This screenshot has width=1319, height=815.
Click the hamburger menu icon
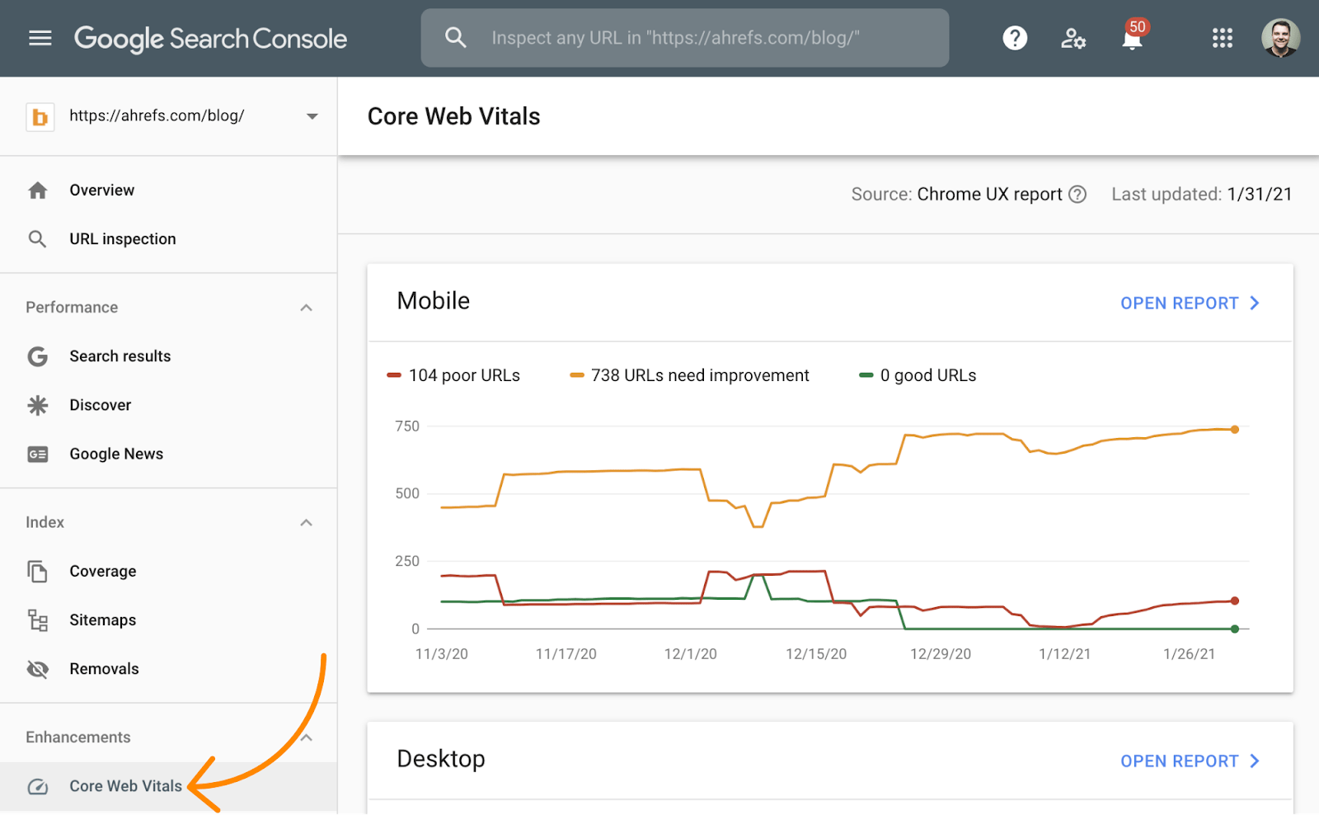(40, 38)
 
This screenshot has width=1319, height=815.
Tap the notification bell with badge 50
(1133, 38)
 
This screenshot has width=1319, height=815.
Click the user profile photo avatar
(1280, 38)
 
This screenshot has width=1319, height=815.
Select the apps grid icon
(1222, 38)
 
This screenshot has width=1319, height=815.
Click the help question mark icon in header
(1015, 38)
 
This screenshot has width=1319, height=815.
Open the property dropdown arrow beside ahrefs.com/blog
(312, 116)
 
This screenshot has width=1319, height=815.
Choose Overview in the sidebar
(101, 191)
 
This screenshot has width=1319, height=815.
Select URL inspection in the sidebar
(122, 239)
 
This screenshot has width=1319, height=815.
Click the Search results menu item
(120, 356)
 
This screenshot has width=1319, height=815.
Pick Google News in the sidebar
(116, 455)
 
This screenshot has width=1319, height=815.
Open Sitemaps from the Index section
(102, 620)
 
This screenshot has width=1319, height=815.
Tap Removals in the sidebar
(104, 669)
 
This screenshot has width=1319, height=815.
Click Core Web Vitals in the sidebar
(125, 786)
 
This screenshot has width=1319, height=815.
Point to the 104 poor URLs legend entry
(454, 375)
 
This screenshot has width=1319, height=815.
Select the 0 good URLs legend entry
(918, 375)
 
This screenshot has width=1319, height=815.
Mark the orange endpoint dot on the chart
(1235, 430)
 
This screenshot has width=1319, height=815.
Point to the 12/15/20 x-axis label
(816, 654)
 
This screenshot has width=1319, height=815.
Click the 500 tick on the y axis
(407, 493)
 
